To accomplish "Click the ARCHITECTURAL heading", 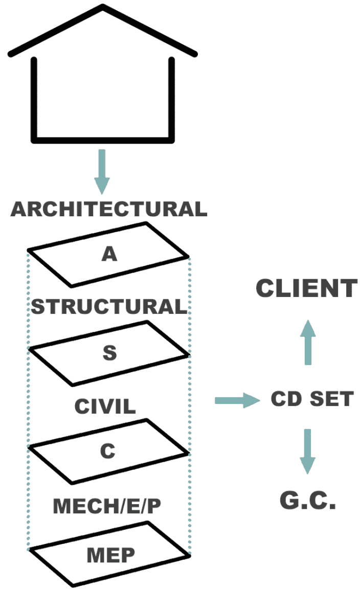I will click(x=109, y=210).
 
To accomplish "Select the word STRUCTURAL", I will click(x=109, y=307).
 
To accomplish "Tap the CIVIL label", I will click(x=105, y=406).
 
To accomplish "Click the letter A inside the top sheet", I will click(x=109, y=254).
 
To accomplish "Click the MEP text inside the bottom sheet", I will click(x=109, y=554).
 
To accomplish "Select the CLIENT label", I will click(x=307, y=289).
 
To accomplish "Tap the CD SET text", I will click(x=312, y=399).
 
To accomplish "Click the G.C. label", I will click(x=307, y=501).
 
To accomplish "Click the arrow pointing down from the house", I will click(x=102, y=171).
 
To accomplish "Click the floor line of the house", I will click(x=102, y=139).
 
